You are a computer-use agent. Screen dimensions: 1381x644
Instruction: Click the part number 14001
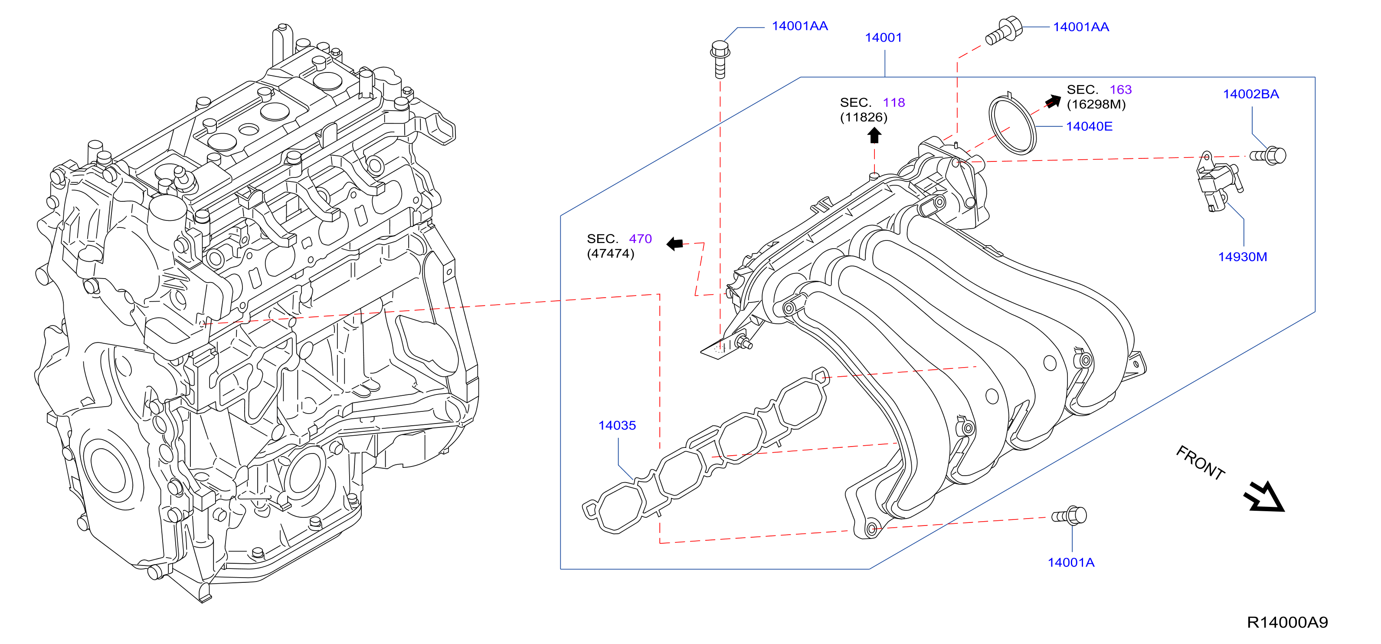coord(883,37)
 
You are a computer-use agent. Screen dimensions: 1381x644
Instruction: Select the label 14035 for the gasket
coord(617,425)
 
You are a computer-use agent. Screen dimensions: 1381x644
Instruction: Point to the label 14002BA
coord(1251,94)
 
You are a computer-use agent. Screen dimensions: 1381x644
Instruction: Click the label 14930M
coord(1242,257)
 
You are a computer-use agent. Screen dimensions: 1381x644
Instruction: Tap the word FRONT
coord(1200,463)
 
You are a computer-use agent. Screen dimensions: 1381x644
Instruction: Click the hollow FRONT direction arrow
coord(1264,497)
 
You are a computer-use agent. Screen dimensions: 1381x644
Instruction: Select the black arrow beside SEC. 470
coord(674,244)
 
